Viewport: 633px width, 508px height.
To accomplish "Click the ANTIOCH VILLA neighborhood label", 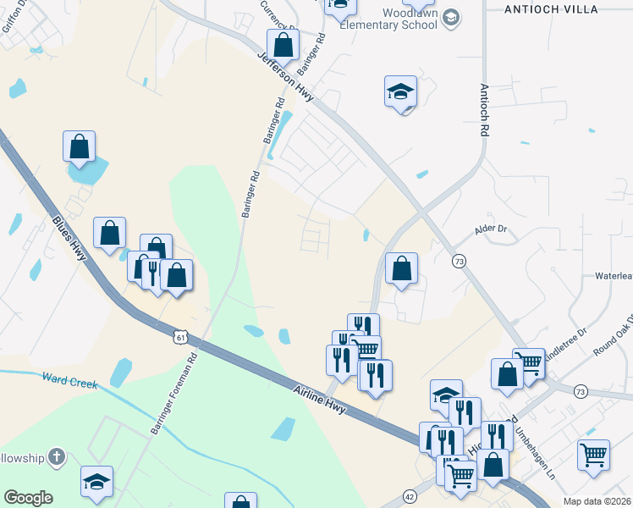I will pos(562,8).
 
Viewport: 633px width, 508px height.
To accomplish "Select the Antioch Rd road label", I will pos(485,110).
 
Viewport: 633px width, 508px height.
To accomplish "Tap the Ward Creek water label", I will pos(69,382).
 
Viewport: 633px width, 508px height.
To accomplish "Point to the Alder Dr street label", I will pos(490,229).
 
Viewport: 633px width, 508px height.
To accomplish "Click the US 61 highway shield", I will pos(179,337).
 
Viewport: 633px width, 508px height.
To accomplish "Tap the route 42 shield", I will pos(410,496).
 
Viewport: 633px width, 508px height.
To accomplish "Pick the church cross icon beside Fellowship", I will pos(58,458).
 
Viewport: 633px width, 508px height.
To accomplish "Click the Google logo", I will pos(28,498).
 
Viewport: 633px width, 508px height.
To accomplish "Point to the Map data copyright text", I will pos(597,501).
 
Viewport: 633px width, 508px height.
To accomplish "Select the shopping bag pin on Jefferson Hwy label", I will pos(283,46).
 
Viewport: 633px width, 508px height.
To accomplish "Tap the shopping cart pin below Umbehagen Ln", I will pos(593,455).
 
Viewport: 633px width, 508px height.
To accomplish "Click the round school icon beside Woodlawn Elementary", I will pos(451,18).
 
